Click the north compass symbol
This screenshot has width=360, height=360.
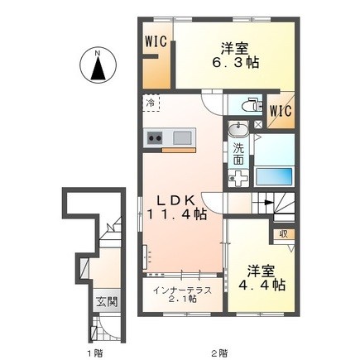[x=98, y=65]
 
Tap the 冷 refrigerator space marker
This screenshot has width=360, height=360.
[x=151, y=103]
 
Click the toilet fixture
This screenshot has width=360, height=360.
[x=252, y=105]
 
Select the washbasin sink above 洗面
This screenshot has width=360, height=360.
[x=237, y=129]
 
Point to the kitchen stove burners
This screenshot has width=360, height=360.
[x=155, y=137]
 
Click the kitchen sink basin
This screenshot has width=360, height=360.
[x=182, y=137]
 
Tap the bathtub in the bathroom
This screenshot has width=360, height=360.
[x=274, y=176]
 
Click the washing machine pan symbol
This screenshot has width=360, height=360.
[x=238, y=179]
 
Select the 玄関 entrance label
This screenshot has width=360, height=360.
[x=107, y=302]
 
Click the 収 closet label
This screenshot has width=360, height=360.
[x=283, y=234]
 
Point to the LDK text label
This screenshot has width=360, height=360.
[x=176, y=201]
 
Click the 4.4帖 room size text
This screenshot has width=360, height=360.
[x=262, y=285]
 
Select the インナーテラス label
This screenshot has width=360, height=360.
[x=182, y=290]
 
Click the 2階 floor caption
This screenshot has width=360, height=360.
[x=219, y=353]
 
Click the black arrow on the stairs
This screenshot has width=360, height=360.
[x=266, y=203]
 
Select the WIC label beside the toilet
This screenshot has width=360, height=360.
[x=281, y=111]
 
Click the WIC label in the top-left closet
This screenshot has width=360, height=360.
[x=156, y=41]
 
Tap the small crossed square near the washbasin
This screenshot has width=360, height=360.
[x=258, y=124]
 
